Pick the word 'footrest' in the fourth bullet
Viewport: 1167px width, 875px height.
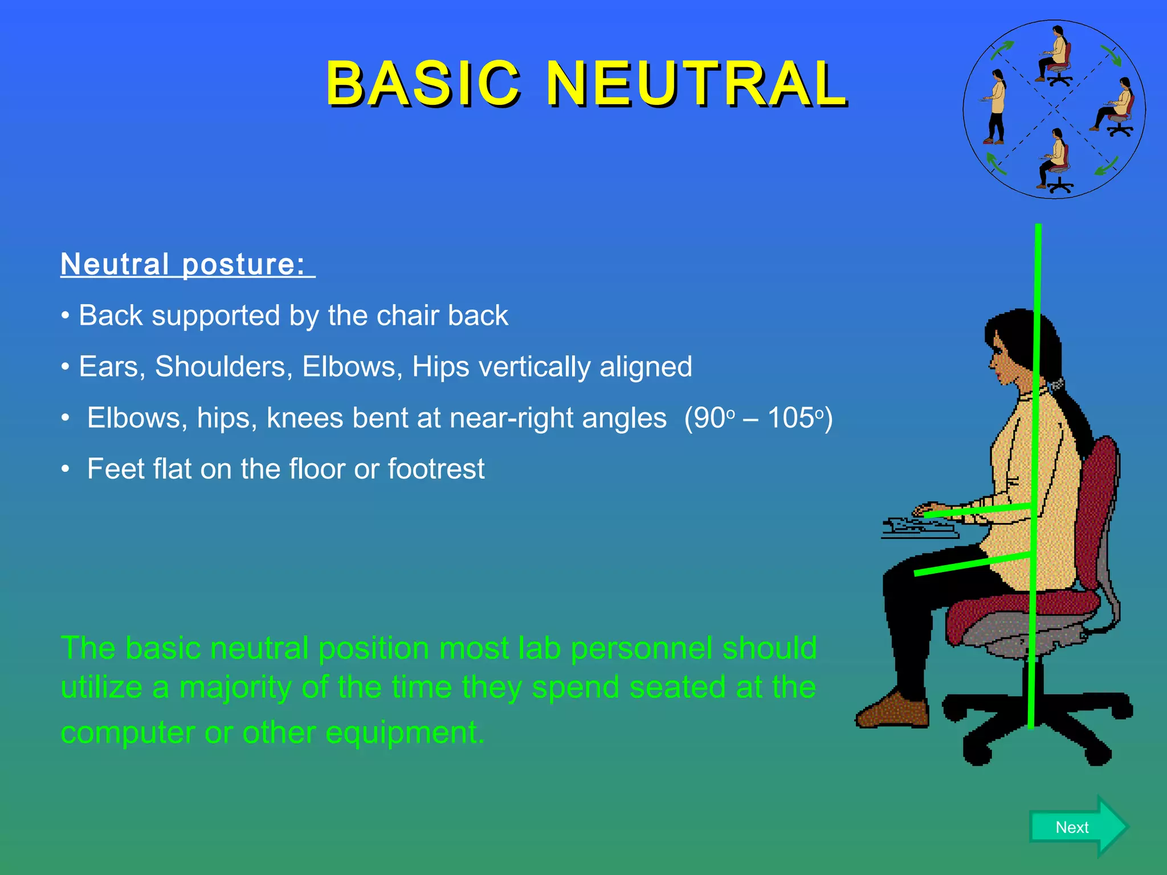pyautogui.click(x=436, y=469)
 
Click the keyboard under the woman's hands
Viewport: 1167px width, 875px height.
pyautogui.click(x=919, y=529)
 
